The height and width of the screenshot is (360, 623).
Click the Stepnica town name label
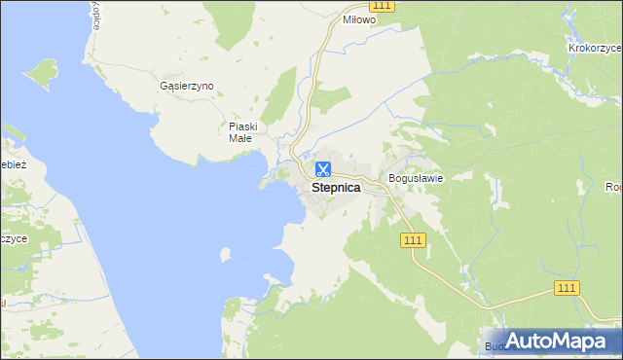click(x=336, y=189)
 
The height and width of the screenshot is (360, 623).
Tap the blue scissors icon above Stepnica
click(x=322, y=170)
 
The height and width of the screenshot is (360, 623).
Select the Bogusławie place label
click(x=416, y=178)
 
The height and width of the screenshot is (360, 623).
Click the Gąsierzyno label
click(x=186, y=86)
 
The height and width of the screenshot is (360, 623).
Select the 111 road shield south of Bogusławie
click(x=412, y=238)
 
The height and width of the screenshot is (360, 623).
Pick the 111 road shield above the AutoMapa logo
click(x=568, y=287)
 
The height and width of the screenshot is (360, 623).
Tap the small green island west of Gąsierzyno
click(x=44, y=72)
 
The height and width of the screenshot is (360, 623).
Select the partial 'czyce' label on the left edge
click(x=13, y=238)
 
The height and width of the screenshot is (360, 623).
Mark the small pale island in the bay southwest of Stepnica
click(x=226, y=254)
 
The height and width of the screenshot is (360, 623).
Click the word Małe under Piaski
click(x=240, y=138)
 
